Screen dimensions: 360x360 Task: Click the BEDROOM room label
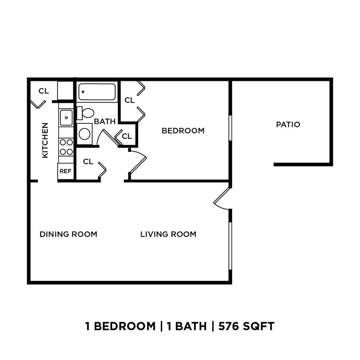tap(183, 131)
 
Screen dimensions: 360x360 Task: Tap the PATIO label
tap(288, 125)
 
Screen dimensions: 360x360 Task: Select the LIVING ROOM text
tap(168, 234)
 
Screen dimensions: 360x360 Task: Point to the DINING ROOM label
tap(68, 234)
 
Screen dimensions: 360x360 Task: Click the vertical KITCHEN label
tap(45, 140)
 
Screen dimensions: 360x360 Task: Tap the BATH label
tap(105, 122)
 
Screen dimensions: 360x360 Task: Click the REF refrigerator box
tap(65, 171)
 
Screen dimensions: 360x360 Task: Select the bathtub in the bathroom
tap(97, 92)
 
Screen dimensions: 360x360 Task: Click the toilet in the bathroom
tap(87, 113)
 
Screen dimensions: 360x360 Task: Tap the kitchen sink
tap(66, 117)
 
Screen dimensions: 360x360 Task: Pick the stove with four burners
tap(66, 147)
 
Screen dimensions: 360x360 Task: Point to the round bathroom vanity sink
tap(84, 134)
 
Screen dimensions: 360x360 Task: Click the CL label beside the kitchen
tap(44, 91)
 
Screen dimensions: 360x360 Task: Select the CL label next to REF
tap(88, 162)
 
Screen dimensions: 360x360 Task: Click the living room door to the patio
tap(222, 199)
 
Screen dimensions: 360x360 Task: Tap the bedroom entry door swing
tap(137, 162)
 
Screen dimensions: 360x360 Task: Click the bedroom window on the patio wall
tap(230, 128)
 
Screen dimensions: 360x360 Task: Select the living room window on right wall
tap(230, 245)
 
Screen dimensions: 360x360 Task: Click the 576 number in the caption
tap(229, 327)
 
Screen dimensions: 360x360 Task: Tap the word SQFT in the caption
tap(259, 327)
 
